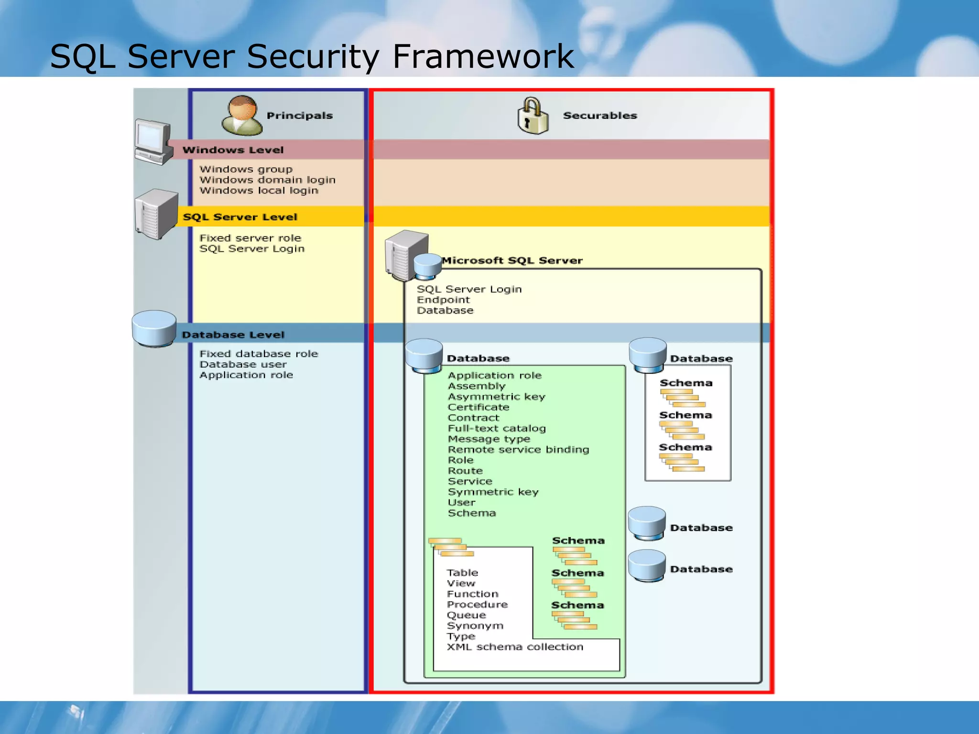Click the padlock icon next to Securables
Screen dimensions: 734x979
click(x=533, y=116)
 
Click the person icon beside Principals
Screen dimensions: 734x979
click(x=242, y=115)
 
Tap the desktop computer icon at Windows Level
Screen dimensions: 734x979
click(x=153, y=142)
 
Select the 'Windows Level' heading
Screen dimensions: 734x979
click(x=233, y=150)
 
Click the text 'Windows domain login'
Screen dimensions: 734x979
click(x=267, y=180)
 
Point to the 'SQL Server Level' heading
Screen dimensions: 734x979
click(x=240, y=217)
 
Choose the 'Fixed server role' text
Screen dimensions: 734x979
click(x=250, y=238)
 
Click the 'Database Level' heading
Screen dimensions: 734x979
click(x=233, y=335)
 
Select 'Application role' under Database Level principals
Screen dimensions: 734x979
click(x=246, y=375)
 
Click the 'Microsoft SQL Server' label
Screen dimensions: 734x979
click(x=512, y=260)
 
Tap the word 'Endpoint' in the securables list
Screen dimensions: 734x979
click(x=443, y=300)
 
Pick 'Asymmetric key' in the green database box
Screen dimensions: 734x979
click(x=496, y=397)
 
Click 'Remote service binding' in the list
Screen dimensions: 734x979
click(x=518, y=450)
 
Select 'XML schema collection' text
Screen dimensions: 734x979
click(x=515, y=647)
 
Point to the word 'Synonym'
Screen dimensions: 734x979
click(x=475, y=626)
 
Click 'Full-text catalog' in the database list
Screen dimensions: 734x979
click(x=496, y=429)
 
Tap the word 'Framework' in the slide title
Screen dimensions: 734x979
click(x=483, y=56)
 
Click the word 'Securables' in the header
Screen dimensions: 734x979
click(x=600, y=116)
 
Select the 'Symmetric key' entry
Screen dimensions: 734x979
click(x=493, y=492)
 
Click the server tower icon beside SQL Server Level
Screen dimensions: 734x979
click(x=156, y=214)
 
